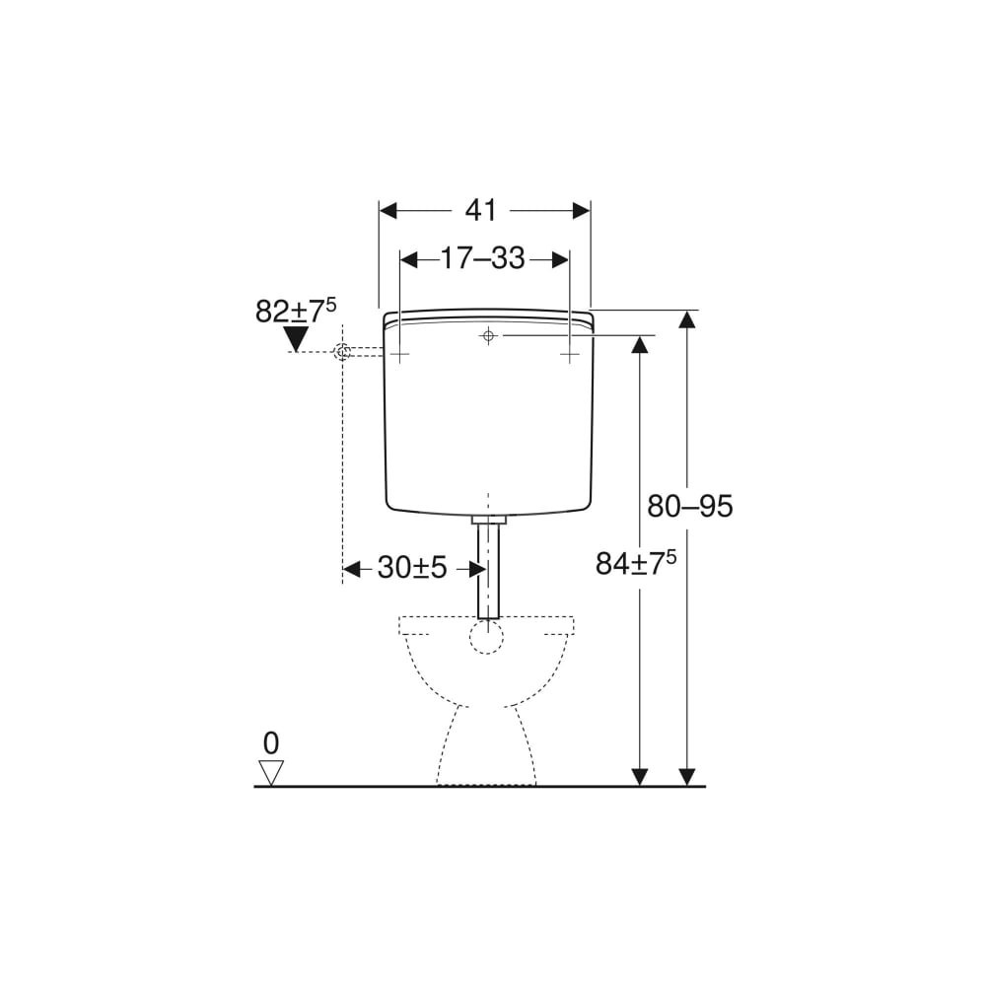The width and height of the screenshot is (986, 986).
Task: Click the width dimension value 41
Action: pos(481,210)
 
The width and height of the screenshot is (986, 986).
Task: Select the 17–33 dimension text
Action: pos(482,257)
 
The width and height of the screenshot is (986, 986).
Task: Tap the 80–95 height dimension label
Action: pos(690,506)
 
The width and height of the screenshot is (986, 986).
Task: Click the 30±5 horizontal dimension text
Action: pos(412,568)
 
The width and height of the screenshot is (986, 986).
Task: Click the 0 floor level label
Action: pos(271,743)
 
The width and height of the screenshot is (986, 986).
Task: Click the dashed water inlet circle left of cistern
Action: pos(342,352)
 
